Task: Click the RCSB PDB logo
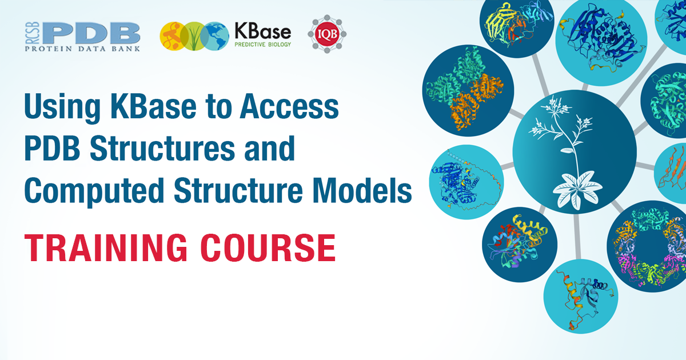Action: [82, 37]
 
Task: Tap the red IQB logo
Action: [327, 34]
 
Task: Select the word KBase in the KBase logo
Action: [263, 31]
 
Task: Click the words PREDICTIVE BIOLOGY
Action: [263, 45]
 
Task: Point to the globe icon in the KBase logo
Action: [217, 36]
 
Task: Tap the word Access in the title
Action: [289, 106]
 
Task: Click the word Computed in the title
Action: [94, 190]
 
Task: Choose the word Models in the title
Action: [362, 190]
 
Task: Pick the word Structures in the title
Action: [162, 148]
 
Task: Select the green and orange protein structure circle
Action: [468, 91]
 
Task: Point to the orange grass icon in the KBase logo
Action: [173, 36]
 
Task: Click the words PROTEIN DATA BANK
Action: [82, 49]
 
